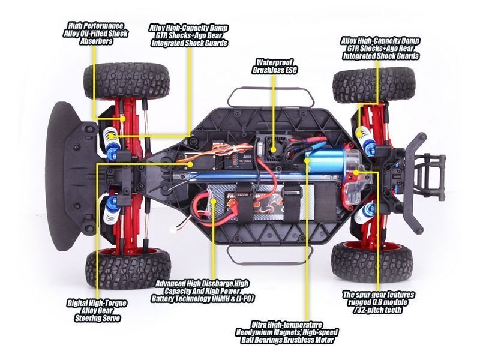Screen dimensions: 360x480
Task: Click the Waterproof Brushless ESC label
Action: pos(274,66)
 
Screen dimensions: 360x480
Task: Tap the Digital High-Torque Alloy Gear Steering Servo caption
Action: pos(97,311)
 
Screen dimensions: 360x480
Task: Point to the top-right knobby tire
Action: pos(373,84)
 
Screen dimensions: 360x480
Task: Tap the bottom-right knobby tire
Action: pos(372,262)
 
